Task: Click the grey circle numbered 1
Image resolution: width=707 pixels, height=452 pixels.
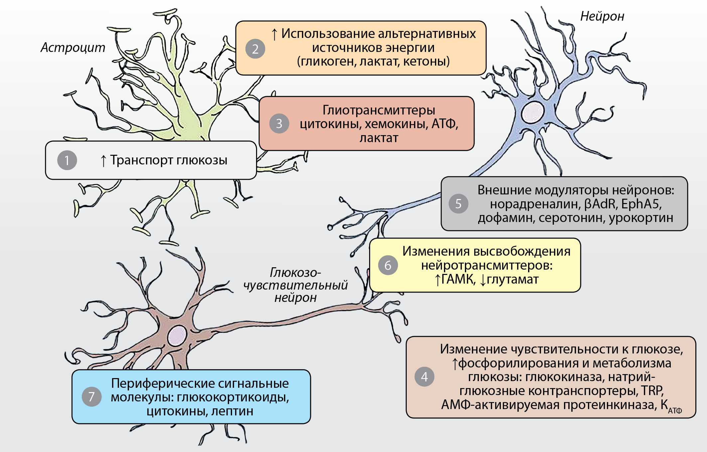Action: (67, 160)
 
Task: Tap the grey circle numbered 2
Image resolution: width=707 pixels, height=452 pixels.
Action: (255, 49)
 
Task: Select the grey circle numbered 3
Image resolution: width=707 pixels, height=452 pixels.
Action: (279, 123)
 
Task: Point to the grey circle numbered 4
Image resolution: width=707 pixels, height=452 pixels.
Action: (424, 376)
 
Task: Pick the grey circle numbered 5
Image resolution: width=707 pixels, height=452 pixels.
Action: (458, 203)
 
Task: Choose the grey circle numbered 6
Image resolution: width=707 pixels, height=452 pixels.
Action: (388, 265)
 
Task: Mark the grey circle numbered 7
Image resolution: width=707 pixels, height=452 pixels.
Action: (91, 396)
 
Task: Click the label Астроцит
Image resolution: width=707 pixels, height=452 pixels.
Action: (73, 48)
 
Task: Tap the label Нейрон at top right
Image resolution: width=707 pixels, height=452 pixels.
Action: (602, 16)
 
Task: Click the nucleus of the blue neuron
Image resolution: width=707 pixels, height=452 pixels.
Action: (532, 113)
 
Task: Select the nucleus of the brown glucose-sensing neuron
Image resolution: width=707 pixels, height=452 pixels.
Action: (177, 336)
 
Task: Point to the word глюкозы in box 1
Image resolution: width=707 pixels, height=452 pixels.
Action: (202, 160)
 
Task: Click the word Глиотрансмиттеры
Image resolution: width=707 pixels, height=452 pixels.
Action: (379, 110)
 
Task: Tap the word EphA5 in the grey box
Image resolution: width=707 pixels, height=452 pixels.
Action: (641, 204)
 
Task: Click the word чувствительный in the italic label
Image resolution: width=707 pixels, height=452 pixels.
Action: (295, 285)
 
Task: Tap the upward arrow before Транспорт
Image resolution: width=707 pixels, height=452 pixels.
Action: (103, 161)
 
